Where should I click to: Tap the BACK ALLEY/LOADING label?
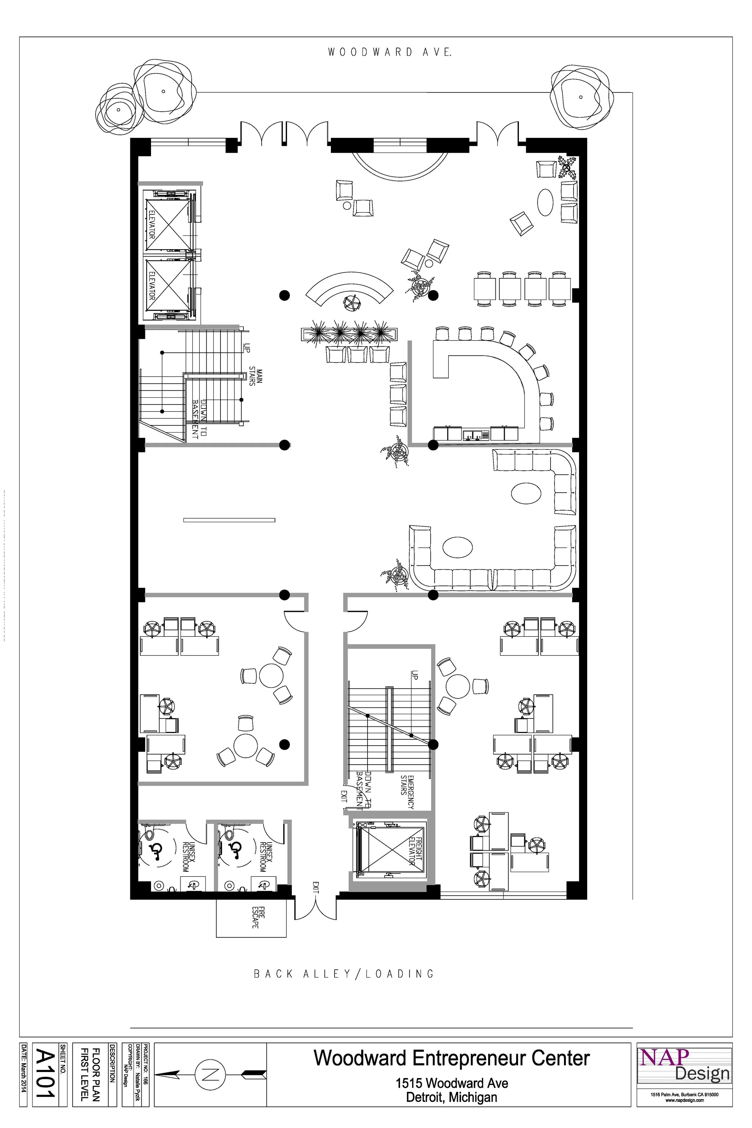pyautogui.click(x=344, y=974)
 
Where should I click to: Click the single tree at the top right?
pyautogui.click(x=581, y=97)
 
